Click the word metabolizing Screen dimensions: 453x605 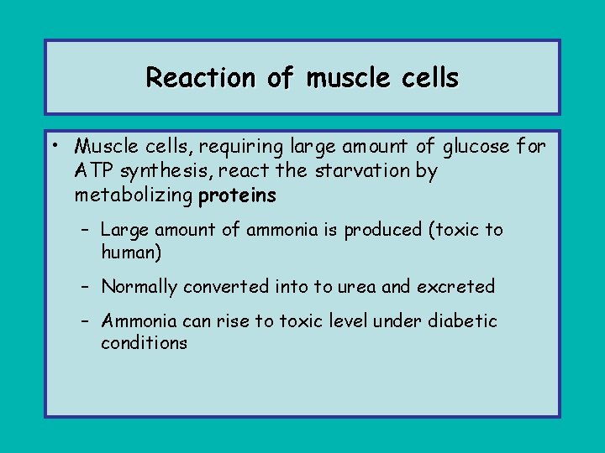pos(134,196)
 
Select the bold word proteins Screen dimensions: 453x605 pos(237,196)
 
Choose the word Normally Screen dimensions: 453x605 pos(139,287)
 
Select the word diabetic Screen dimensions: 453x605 pos(463,321)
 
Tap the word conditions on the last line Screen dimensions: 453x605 pos(144,343)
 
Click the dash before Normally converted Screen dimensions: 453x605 pos(87,287)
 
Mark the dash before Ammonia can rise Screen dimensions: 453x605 pos(87,321)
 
